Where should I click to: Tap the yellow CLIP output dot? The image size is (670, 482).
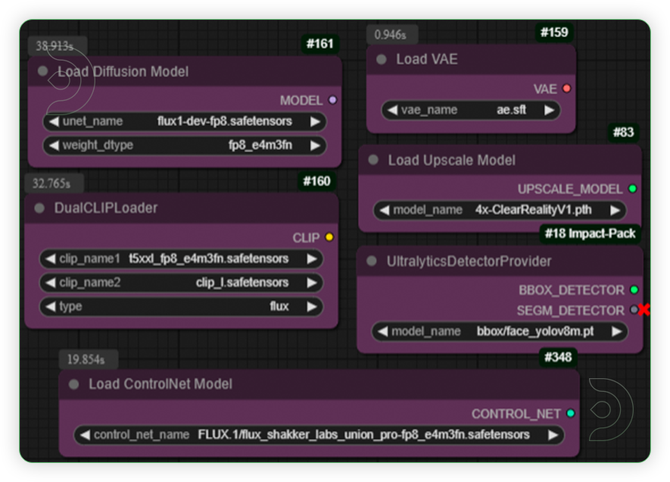click(x=329, y=237)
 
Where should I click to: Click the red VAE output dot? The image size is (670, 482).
click(x=566, y=89)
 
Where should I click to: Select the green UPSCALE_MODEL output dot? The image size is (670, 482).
click(x=632, y=189)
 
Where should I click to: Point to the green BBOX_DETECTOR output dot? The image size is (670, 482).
click(x=634, y=290)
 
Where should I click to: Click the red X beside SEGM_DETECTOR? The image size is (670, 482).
click(x=644, y=309)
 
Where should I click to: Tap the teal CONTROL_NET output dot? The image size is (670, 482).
click(x=570, y=414)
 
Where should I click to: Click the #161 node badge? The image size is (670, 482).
click(x=319, y=44)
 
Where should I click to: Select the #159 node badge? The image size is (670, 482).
click(x=554, y=33)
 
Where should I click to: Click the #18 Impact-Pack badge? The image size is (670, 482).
click(x=590, y=233)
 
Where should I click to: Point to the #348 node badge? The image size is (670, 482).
click(x=558, y=356)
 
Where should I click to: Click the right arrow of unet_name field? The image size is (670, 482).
click(x=313, y=121)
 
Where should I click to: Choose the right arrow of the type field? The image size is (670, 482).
click(x=310, y=306)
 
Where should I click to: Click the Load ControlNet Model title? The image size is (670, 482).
click(x=160, y=384)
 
